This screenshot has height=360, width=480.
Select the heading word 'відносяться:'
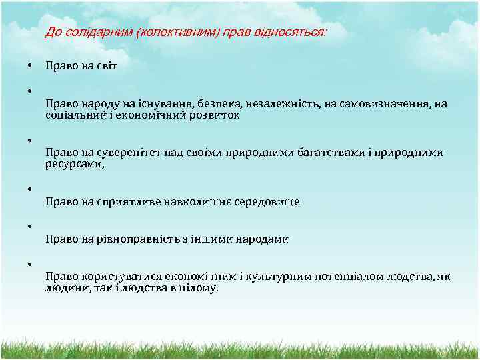click(x=297, y=33)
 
